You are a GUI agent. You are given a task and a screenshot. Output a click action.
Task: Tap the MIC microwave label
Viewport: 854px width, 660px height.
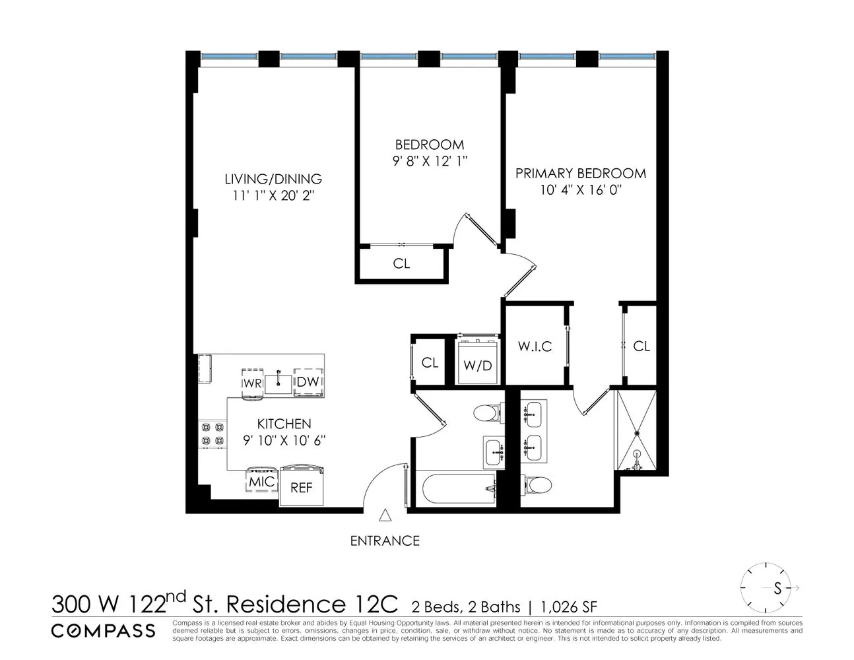pos(261,482)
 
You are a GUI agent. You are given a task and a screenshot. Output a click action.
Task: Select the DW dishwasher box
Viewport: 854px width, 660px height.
pos(308,382)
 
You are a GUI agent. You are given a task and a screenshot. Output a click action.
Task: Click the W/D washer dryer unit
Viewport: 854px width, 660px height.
pos(478,364)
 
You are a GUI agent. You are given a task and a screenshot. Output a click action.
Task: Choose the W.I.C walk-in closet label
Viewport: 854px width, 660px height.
pos(534,346)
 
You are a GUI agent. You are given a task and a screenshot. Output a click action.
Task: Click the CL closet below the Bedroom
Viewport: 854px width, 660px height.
pos(401,263)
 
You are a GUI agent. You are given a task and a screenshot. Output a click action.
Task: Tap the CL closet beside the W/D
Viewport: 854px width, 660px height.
pos(430,362)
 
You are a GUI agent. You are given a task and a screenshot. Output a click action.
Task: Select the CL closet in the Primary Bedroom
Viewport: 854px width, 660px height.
pos(641,346)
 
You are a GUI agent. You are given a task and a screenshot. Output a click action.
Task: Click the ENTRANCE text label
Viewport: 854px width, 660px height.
pos(385,541)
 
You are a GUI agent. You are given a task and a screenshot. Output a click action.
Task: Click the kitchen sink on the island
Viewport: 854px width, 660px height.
pos(278,382)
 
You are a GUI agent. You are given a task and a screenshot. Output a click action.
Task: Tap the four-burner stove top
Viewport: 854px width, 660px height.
pos(212,434)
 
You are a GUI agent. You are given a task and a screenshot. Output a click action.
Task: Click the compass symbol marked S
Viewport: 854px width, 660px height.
pos(768,587)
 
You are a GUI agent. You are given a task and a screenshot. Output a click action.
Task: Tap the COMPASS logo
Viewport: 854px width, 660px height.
pos(104,630)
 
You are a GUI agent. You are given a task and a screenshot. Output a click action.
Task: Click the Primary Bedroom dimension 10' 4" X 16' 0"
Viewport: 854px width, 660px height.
pos(580,190)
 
